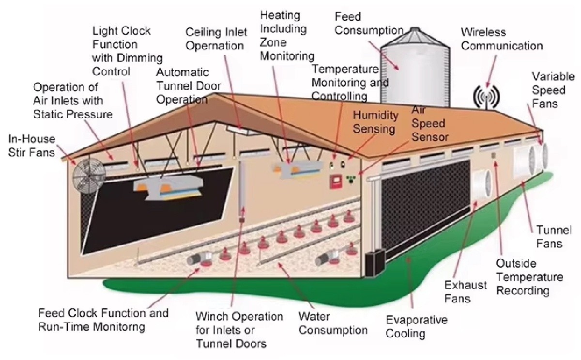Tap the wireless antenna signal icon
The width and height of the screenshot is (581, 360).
click(x=486, y=97)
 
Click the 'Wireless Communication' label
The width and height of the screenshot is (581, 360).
click(x=501, y=39)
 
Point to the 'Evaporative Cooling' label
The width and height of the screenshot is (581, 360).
click(x=416, y=327)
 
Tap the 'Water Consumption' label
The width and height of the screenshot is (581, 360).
click(x=333, y=324)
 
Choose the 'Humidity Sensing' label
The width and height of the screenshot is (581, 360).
click(x=375, y=122)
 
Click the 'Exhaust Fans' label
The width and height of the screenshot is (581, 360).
click(x=465, y=291)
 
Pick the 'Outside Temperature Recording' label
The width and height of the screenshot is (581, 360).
click(x=529, y=277)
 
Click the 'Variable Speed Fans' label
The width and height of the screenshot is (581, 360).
click(x=553, y=90)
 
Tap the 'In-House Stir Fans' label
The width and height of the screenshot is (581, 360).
click(x=31, y=146)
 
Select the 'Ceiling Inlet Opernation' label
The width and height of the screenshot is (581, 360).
click(x=216, y=39)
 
